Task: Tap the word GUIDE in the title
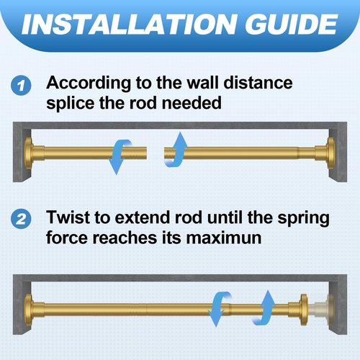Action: [x=292, y=24]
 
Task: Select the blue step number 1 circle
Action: [x=21, y=86]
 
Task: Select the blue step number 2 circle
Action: [x=21, y=219]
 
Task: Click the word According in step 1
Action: [x=89, y=84]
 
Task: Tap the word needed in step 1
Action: [x=192, y=103]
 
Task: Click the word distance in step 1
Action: [x=258, y=83]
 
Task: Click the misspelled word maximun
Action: [x=224, y=238]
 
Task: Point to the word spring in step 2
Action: [x=303, y=218]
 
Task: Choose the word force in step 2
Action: [x=67, y=238]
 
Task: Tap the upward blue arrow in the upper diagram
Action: [x=177, y=149]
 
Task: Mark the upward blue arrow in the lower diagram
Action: [x=265, y=307]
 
